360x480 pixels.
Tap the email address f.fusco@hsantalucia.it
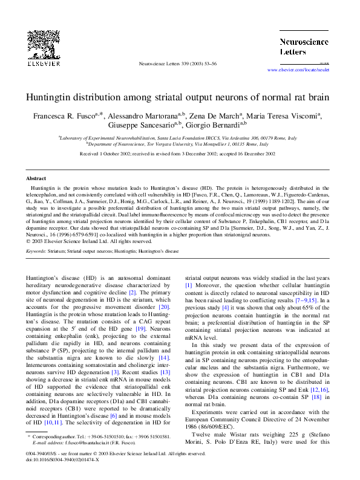point(81,443)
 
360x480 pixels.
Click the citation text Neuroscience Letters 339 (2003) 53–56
point(178,63)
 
